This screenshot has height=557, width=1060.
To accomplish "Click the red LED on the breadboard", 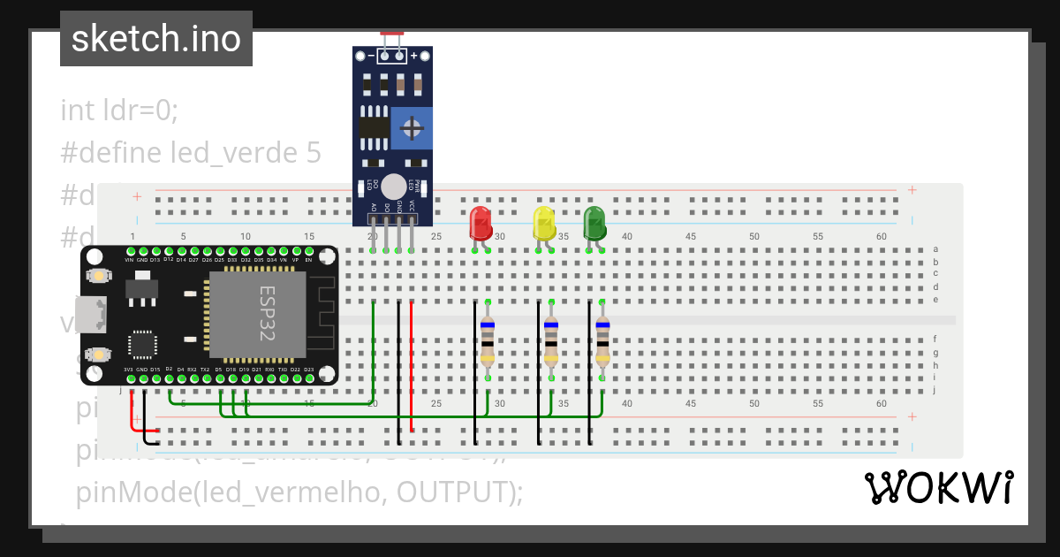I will (481, 222).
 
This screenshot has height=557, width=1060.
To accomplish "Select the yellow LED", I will (543, 223).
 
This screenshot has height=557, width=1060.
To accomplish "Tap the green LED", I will (594, 223).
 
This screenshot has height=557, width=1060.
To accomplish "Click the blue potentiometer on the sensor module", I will (411, 129).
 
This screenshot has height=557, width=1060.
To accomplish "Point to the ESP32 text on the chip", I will (267, 314).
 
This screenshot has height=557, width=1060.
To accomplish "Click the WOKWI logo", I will (938, 487).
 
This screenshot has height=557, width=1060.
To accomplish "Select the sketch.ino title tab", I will (156, 39).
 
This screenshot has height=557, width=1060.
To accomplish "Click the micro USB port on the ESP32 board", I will (90, 314).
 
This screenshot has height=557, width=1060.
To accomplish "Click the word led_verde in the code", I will (236, 153).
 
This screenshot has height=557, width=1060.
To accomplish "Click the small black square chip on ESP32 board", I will (142, 344).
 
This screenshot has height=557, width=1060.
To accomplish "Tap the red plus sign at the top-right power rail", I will (912, 190).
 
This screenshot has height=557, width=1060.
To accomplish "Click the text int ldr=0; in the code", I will (119, 111).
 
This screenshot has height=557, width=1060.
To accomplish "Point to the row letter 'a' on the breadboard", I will (935, 250).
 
